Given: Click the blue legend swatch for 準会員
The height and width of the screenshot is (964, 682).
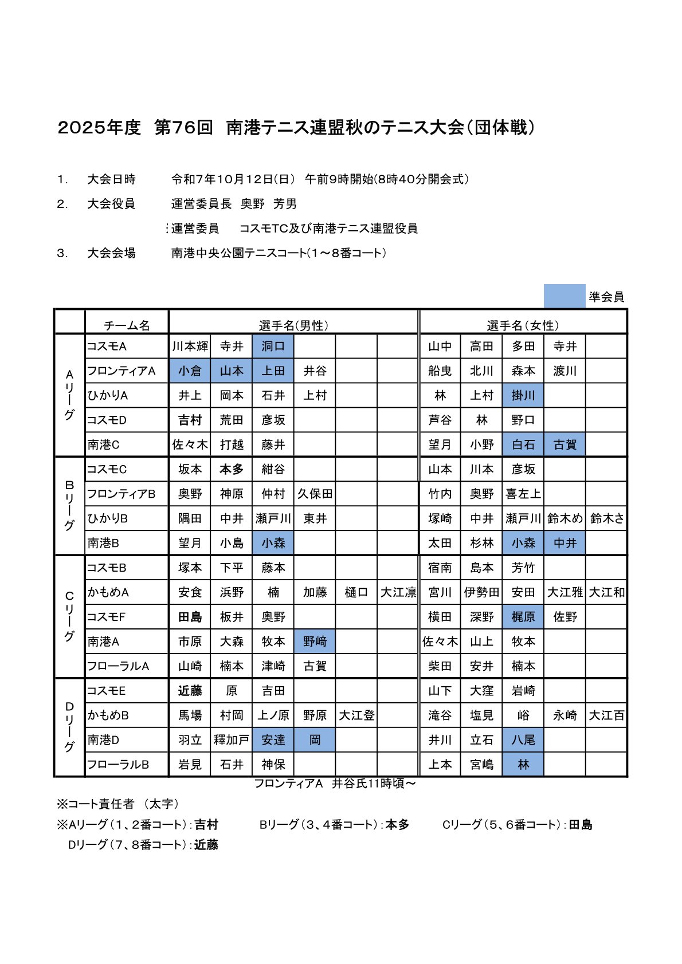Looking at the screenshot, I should coord(564,296).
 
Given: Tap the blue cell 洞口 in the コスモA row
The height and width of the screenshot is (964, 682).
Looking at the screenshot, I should coord(273,346).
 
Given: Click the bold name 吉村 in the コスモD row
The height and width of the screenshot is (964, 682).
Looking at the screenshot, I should coord(190,420).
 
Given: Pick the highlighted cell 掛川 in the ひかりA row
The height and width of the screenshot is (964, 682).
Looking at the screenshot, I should coord(523,395).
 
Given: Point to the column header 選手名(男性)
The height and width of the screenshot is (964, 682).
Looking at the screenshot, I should coord(293,325).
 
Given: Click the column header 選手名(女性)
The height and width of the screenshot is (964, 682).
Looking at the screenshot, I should coord(523,325).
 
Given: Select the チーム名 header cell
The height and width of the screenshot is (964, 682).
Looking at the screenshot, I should coord(127,325).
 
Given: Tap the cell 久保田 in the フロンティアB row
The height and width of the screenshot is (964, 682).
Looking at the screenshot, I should coord(315,494).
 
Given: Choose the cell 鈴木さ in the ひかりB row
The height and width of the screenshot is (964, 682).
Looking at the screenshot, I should coord(606,518).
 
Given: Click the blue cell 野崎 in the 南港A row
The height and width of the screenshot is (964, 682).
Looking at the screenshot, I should coord(315,642).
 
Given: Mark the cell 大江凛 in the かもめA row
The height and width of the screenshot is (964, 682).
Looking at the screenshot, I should coord(398,592).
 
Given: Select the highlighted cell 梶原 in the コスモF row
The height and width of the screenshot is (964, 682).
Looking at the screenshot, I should coord(523,617).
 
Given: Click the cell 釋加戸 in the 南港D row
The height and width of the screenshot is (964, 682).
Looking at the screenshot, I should coord(231,740).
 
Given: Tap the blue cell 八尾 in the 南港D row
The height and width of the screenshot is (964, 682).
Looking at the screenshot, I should coord(523,740).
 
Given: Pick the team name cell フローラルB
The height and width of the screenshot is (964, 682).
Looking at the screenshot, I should coord(119,765).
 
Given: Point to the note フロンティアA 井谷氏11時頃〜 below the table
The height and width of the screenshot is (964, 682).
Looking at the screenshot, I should coord(335,783).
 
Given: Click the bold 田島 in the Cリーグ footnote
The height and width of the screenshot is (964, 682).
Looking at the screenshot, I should coord(580,825).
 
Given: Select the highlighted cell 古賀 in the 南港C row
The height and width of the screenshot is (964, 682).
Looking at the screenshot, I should coord(565,444).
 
